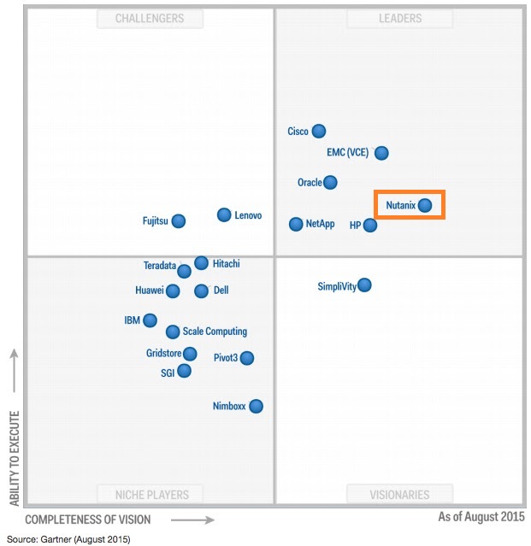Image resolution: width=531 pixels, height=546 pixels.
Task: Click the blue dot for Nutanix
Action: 425,205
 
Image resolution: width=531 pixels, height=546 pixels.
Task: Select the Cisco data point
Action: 319,131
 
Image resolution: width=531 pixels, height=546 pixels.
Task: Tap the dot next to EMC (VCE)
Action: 381,153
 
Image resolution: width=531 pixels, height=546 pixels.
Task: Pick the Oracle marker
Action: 330,182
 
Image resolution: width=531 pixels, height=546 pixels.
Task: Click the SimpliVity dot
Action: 364,285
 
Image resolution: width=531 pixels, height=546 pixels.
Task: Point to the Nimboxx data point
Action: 256,406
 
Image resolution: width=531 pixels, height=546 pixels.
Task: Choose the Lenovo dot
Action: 224,214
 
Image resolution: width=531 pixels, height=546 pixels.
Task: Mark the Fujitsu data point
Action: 178,220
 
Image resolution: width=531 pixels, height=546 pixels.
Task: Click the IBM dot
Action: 150,320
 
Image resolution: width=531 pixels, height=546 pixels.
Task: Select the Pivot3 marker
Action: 246,357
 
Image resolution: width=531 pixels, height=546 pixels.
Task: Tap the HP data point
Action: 369,226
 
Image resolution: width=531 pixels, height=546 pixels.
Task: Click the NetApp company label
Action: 321,225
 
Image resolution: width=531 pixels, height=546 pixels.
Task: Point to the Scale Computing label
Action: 215,332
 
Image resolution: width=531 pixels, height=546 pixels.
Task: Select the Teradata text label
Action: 159,266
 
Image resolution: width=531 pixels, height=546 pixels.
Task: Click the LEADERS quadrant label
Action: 400,19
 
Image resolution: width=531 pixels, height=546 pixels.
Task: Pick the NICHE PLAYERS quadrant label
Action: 152,494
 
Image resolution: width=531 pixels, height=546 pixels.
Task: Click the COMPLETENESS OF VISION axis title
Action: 88,519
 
